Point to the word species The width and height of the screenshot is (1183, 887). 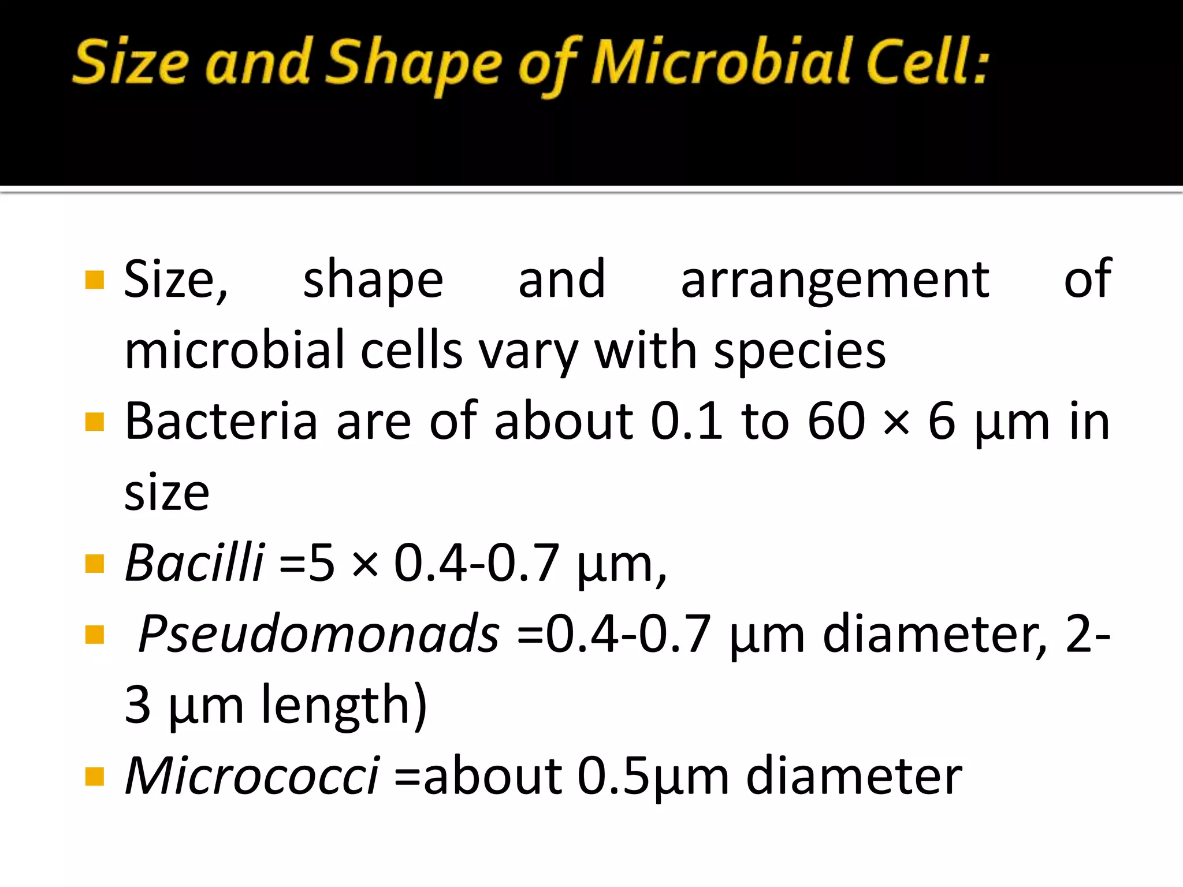click(x=799, y=352)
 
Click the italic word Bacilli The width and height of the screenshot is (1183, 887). click(x=195, y=562)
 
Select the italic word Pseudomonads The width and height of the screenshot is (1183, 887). click(x=319, y=634)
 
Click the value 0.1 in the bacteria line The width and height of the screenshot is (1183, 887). click(x=686, y=422)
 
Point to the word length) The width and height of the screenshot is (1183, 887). click(x=344, y=706)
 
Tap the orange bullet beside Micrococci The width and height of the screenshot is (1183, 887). click(x=94, y=776)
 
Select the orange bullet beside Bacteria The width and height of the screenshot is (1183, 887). click(x=94, y=422)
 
